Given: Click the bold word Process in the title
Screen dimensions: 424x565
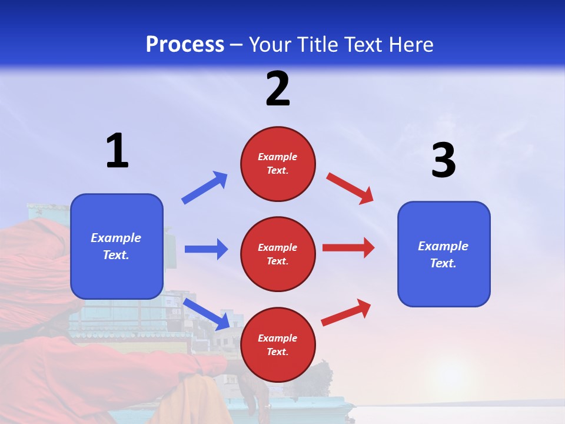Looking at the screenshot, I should coord(185,44).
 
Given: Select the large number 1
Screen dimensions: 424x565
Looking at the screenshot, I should coord(117,151).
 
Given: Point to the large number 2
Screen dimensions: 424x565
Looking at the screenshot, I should coord(278,89).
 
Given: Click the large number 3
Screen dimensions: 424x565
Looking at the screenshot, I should coord(443,161).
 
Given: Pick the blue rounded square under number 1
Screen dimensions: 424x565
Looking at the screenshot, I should coord(117,246).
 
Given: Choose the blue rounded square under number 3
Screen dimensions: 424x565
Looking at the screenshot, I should coord(444,254).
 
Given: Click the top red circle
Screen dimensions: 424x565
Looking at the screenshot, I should coord(278,164).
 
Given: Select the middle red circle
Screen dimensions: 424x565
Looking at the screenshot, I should coord(278,254).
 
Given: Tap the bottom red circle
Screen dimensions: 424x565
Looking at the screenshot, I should coord(278,344).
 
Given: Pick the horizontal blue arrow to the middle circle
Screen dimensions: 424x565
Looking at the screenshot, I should coord(206,249).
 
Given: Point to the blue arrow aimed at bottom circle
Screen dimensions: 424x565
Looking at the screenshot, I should coord(207,314).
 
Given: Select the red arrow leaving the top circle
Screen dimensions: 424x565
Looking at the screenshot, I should coord(350,188).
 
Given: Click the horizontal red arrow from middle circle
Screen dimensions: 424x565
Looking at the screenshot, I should coord(348,248).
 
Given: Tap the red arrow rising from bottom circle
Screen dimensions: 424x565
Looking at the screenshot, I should coord(346,312).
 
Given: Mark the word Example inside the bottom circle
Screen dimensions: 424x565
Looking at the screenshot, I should coord(278,338).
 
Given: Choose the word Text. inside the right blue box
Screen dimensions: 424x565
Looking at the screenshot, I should coord(443,263).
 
